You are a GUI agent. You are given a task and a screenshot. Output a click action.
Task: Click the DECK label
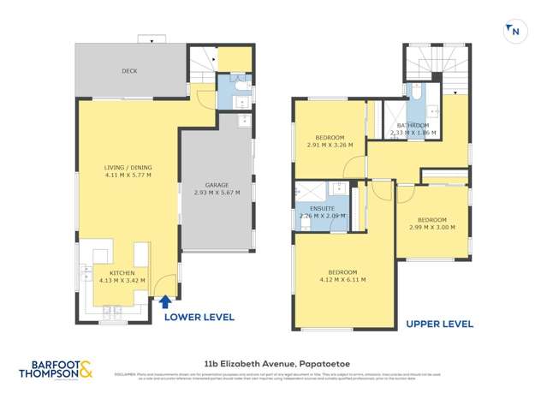tap(129, 71)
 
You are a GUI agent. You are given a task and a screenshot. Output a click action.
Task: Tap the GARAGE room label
tap(216, 185)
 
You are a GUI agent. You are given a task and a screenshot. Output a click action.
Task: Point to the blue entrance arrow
tap(164, 301)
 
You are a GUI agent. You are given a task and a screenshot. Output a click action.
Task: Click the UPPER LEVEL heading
tap(439, 324)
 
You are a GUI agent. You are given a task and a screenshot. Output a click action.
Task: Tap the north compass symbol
tap(514, 32)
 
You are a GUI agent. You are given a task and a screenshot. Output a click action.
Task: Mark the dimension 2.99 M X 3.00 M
tap(431, 228)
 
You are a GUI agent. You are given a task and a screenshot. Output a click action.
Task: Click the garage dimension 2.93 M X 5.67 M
tap(216, 194)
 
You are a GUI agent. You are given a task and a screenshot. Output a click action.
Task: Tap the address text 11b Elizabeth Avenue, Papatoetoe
tap(272, 364)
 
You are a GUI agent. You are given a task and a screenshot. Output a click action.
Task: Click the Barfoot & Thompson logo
tap(57, 370)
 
